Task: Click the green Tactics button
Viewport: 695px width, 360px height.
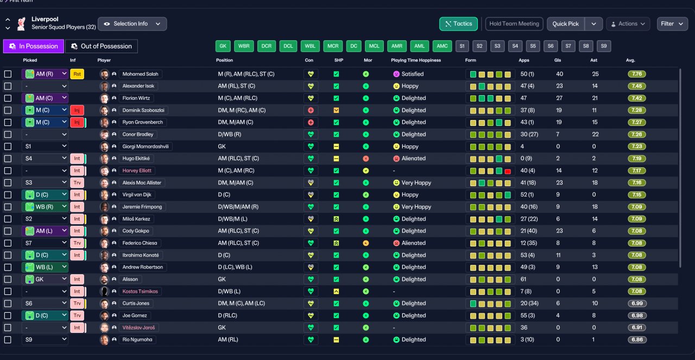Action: pos(458,24)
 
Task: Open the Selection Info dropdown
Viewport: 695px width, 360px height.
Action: pos(132,24)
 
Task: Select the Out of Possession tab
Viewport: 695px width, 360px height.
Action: pos(102,46)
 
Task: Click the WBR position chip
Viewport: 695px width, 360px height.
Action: pos(244,46)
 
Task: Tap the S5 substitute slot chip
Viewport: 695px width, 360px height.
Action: pos(533,46)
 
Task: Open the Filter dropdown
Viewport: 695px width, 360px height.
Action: pos(672,24)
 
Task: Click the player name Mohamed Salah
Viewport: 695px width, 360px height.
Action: pos(140,74)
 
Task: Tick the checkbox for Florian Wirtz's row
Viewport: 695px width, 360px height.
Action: pos(8,98)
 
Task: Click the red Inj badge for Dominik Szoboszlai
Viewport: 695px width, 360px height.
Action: pos(77,110)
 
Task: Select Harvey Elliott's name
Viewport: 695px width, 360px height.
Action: pos(137,170)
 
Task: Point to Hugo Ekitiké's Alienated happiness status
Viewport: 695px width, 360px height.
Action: pos(409,159)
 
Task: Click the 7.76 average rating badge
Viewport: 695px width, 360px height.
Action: pos(637,74)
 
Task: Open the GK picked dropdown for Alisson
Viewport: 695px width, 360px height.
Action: pos(45,279)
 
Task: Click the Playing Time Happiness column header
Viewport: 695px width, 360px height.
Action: pos(416,60)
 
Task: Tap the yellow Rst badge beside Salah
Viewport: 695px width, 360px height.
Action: pos(77,74)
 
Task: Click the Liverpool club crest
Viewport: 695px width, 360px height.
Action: pos(21,24)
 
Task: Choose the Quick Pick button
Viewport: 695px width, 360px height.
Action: pos(565,24)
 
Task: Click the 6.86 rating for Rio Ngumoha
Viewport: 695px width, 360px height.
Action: pos(637,340)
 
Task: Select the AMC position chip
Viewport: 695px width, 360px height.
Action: pos(442,46)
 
